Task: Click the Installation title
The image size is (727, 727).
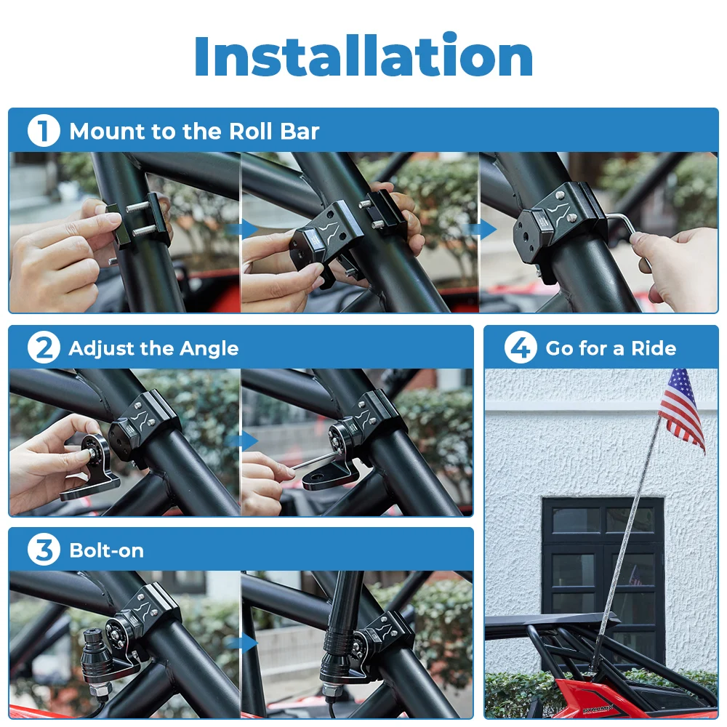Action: [363, 56]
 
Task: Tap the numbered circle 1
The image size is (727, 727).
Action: [44, 131]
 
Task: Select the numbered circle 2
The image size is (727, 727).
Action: [44, 348]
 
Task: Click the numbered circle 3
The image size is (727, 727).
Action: [44, 550]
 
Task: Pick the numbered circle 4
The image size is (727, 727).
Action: [521, 348]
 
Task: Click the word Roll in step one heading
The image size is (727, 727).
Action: [250, 131]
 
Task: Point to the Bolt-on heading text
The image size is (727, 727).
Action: [106, 550]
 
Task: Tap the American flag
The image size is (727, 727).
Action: [682, 409]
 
